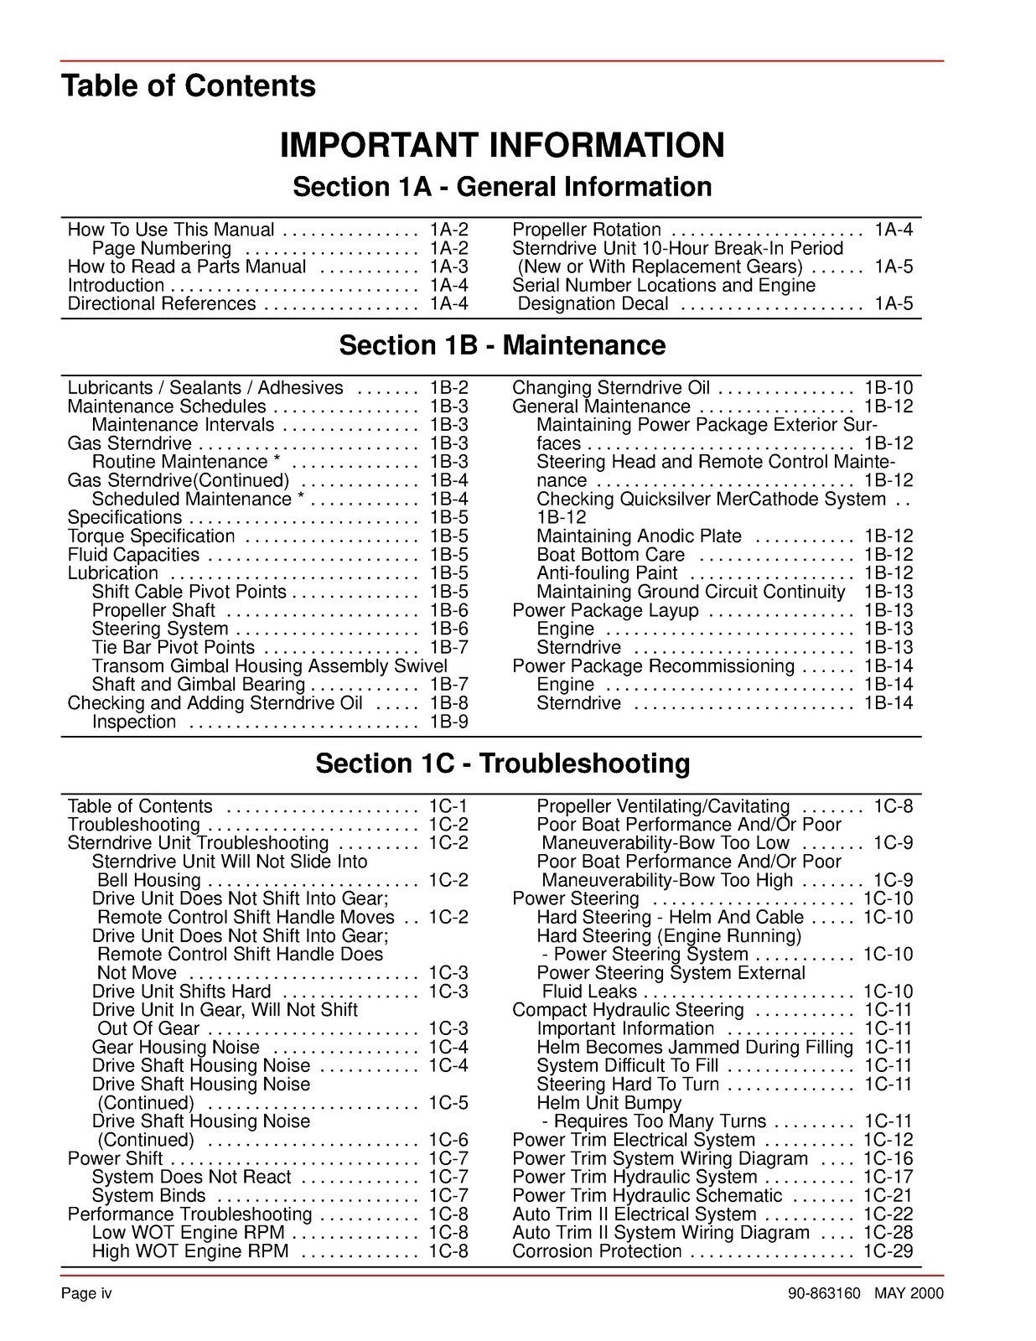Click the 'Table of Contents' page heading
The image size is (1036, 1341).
tap(188, 86)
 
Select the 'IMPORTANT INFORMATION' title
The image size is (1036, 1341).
tap(501, 145)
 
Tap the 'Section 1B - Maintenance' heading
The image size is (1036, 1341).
tap(501, 345)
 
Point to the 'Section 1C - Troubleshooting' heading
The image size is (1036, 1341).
tap(502, 764)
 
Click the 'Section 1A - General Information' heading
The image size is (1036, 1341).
tap(501, 187)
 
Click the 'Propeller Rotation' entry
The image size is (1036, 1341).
tap(586, 230)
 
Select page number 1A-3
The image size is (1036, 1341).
tap(448, 267)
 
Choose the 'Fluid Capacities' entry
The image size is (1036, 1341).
tap(133, 555)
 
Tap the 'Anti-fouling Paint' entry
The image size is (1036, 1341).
tap(607, 573)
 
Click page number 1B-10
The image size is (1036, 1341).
tap(888, 388)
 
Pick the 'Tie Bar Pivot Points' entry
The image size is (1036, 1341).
tap(173, 647)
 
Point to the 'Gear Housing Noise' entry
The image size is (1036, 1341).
tap(176, 1047)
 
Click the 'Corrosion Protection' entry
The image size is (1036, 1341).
tap(597, 1251)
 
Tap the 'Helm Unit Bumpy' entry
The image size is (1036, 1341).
tap(597, 1103)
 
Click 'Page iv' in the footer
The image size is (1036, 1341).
tap(85, 1293)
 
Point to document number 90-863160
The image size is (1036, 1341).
tap(824, 1293)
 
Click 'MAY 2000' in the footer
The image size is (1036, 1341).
tap(909, 1293)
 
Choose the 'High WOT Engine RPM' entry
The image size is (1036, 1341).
tap(190, 1251)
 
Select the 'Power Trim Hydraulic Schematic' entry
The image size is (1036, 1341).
tap(647, 1195)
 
